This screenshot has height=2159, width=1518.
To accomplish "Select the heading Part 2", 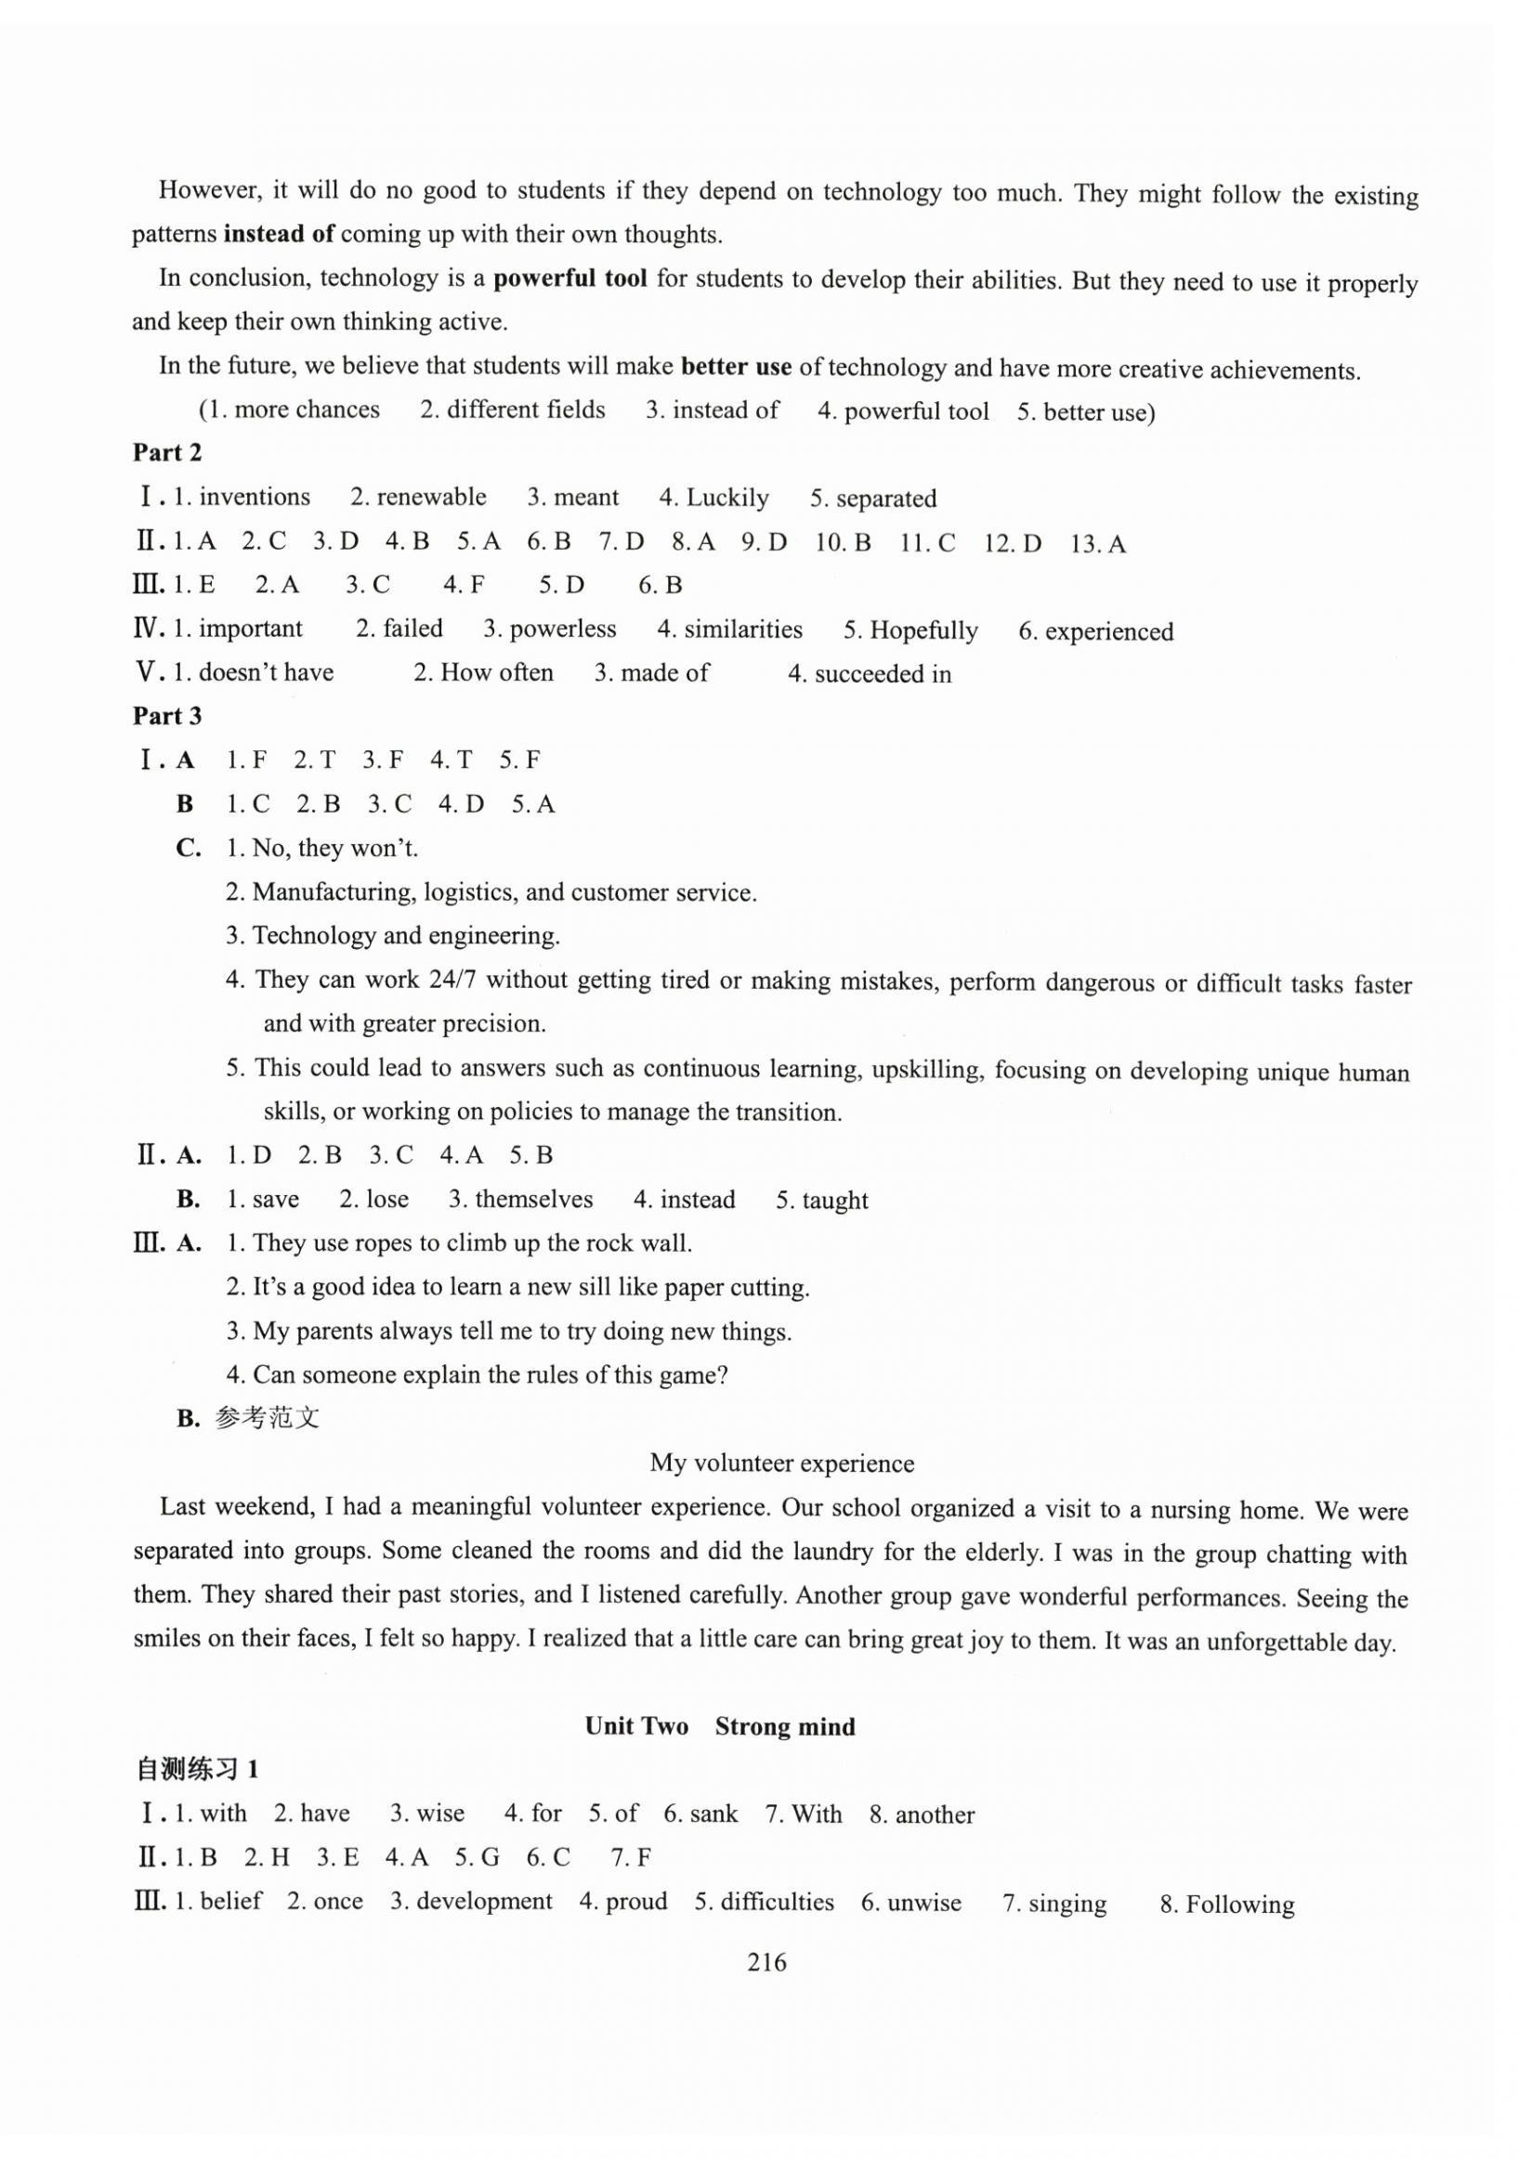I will (166, 453).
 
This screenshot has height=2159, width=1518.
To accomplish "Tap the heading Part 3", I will (166, 717).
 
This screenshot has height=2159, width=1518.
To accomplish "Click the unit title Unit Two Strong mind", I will (719, 1726).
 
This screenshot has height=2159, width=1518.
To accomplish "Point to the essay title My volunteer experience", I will (781, 1463).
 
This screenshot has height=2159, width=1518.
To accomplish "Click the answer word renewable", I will (431, 498).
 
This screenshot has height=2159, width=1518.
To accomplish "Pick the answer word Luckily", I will (727, 499).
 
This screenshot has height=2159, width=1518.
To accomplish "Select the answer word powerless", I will (562, 629).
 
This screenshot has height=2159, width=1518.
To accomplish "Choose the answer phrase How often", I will (497, 673).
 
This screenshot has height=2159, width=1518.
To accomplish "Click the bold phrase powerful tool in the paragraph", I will (570, 279).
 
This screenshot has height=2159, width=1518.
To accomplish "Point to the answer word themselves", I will (533, 1200).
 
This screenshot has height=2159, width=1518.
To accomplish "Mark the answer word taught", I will (835, 1201).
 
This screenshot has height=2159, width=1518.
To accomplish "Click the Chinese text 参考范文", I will (268, 1418).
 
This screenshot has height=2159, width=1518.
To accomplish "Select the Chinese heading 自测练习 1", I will (197, 1770).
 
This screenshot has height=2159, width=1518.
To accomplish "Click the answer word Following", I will (1239, 1905).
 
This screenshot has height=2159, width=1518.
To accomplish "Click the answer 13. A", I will (1097, 543).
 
